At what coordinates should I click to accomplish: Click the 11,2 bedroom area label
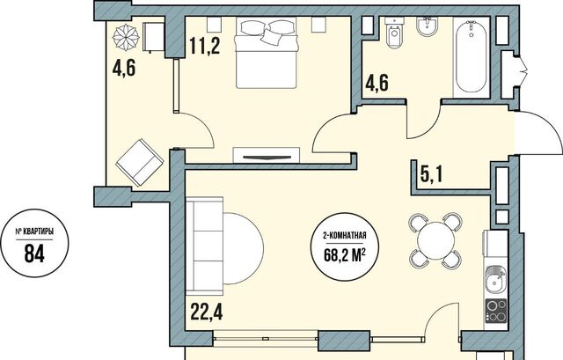(x=205, y=47)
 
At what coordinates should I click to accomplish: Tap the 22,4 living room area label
(x=207, y=312)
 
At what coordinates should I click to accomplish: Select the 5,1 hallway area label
(x=431, y=175)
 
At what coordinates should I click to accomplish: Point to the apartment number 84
(x=34, y=253)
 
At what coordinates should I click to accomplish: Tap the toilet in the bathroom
(x=395, y=33)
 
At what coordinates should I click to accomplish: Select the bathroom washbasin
(x=428, y=26)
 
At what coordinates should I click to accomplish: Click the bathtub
(x=472, y=56)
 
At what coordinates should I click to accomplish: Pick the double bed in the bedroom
(x=267, y=53)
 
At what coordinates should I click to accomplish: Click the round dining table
(x=436, y=240)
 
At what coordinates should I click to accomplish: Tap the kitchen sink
(x=496, y=280)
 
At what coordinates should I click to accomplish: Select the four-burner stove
(x=496, y=311)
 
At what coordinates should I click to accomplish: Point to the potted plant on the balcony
(x=126, y=36)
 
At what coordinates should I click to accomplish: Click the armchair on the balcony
(x=139, y=162)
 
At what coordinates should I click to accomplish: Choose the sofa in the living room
(x=205, y=246)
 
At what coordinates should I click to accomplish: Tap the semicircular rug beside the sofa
(x=244, y=248)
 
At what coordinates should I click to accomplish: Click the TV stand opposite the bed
(x=266, y=155)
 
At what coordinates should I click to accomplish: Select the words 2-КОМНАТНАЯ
(x=345, y=236)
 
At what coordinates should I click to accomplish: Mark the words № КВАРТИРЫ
(x=34, y=232)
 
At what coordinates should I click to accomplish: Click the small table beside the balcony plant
(x=154, y=37)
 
